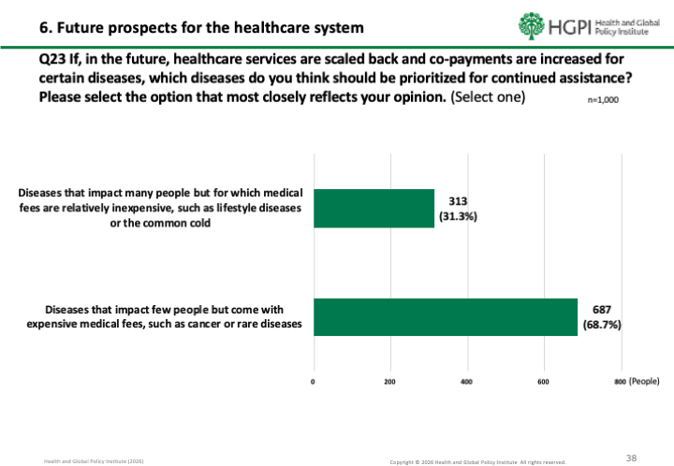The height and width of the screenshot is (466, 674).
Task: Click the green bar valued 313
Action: [x=374, y=209]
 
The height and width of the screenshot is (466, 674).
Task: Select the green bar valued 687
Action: [x=445, y=316]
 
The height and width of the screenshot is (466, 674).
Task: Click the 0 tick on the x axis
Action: [x=314, y=382]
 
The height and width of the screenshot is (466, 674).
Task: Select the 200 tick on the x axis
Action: [x=390, y=382]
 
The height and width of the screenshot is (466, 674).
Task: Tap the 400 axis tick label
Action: [x=467, y=382]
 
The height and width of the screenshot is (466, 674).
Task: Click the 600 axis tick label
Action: [x=544, y=382]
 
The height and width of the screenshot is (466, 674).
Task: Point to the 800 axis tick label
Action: [x=619, y=382]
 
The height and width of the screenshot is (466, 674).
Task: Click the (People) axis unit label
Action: [x=644, y=382]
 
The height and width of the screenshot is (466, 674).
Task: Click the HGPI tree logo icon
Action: [x=531, y=25]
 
